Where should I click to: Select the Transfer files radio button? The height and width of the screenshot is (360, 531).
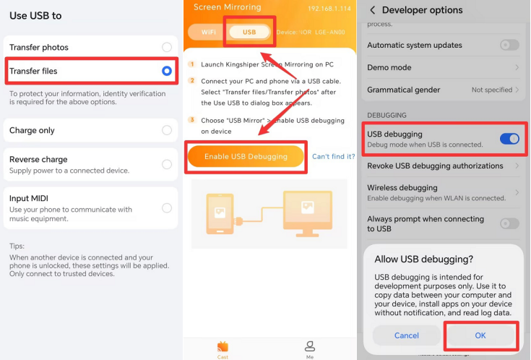tap(167, 71)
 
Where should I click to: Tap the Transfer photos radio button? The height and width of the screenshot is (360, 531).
tap(167, 47)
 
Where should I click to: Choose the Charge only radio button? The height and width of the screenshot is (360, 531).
tap(167, 130)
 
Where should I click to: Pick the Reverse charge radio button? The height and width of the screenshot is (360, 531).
tap(167, 164)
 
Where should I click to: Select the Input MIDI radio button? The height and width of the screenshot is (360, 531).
tap(167, 207)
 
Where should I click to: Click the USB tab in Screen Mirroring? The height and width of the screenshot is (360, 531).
tap(249, 33)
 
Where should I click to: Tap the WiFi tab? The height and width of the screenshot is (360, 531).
tap(208, 33)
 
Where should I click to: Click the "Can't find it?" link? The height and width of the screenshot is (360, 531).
tap(334, 156)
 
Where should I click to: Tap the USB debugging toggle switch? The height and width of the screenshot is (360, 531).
tap(509, 139)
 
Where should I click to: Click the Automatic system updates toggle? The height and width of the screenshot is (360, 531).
tap(509, 45)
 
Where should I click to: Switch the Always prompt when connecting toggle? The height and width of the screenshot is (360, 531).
tap(509, 223)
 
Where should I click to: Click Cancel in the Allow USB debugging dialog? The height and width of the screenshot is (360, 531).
tap(406, 335)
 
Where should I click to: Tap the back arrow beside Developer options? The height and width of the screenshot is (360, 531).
tap(372, 10)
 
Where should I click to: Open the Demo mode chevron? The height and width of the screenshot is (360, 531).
tap(517, 67)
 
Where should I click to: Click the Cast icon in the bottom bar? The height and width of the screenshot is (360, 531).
tap(223, 347)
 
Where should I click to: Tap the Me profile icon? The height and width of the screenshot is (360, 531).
tap(309, 346)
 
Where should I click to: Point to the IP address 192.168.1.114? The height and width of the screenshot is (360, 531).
tap(329, 9)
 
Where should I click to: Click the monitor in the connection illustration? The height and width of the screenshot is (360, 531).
tap(308, 213)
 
